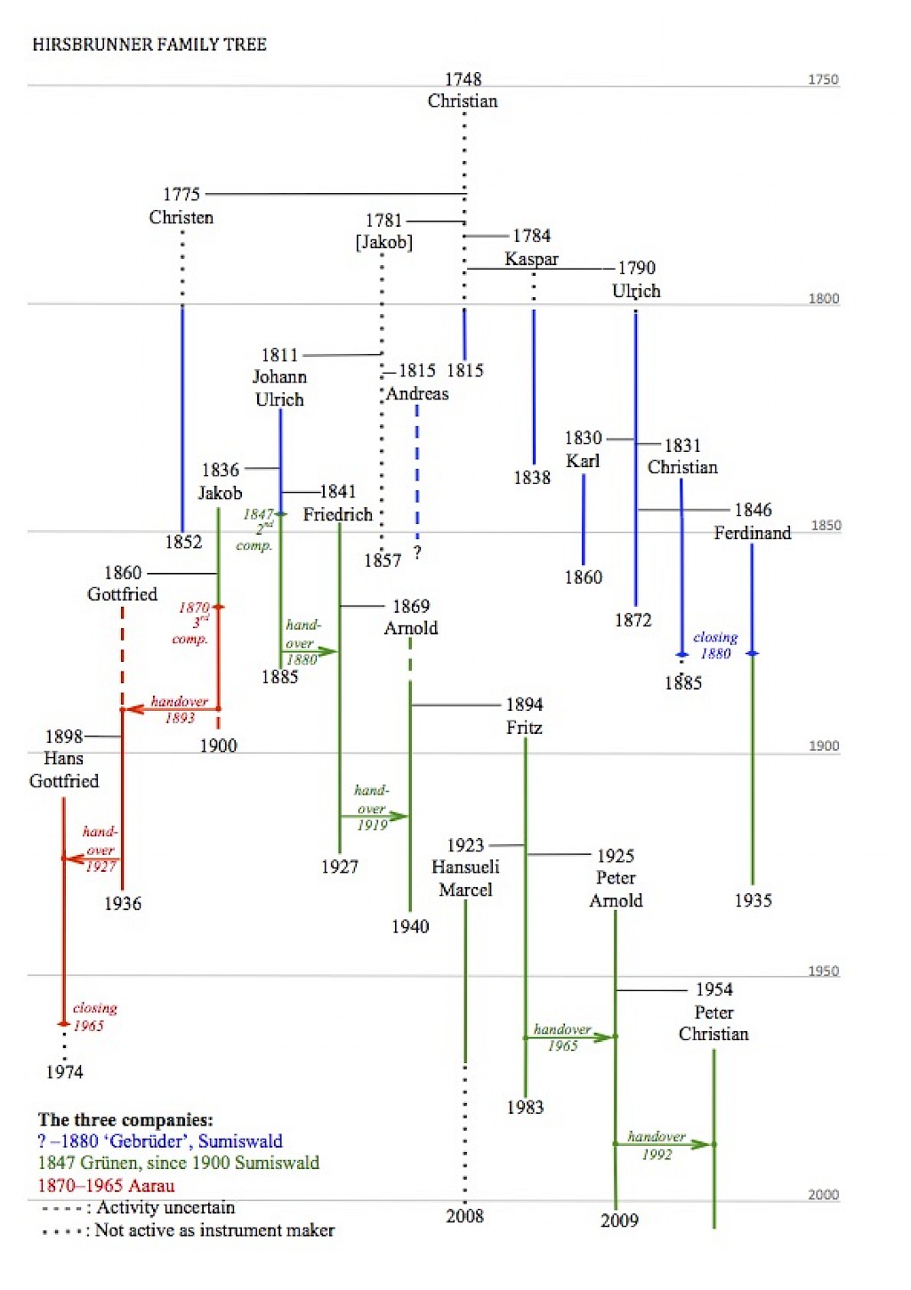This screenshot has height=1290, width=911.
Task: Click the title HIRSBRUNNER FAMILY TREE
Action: click(x=149, y=44)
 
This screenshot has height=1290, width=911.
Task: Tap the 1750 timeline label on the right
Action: click(x=823, y=79)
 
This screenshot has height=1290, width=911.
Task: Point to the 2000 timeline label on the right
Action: click(x=823, y=1195)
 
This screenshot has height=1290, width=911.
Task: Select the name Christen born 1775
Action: click(x=181, y=217)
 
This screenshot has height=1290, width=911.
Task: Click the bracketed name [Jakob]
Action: click(x=384, y=242)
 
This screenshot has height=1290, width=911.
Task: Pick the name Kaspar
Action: click(x=531, y=259)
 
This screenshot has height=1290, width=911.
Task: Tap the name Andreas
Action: click(x=417, y=393)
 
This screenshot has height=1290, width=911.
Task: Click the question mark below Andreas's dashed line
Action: click(x=417, y=552)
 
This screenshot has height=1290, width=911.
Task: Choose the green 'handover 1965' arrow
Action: click(x=570, y=1037)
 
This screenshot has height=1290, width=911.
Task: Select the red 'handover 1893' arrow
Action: click(x=172, y=709)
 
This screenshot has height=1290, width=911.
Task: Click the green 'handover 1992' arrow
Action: click(x=664, y=1144)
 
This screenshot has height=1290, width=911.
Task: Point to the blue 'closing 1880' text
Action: click(x=715, y=645)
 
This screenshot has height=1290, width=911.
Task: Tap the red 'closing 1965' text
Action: click(x=95, y=1017)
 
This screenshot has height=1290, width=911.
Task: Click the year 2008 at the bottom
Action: click(x=464, y=1215)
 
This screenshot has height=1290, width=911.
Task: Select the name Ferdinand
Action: click(x=752, y=533)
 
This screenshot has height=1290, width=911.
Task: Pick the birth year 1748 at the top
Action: click(x=463, y=79)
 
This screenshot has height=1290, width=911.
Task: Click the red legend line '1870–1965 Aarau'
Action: click(x=107, y=1186)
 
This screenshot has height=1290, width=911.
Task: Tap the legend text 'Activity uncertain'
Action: click(x=165, y=1207)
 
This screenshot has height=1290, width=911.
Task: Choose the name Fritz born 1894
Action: click(x=524, y=728)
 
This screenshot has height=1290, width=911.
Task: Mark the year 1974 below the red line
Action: click(x=64, y=1072)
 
